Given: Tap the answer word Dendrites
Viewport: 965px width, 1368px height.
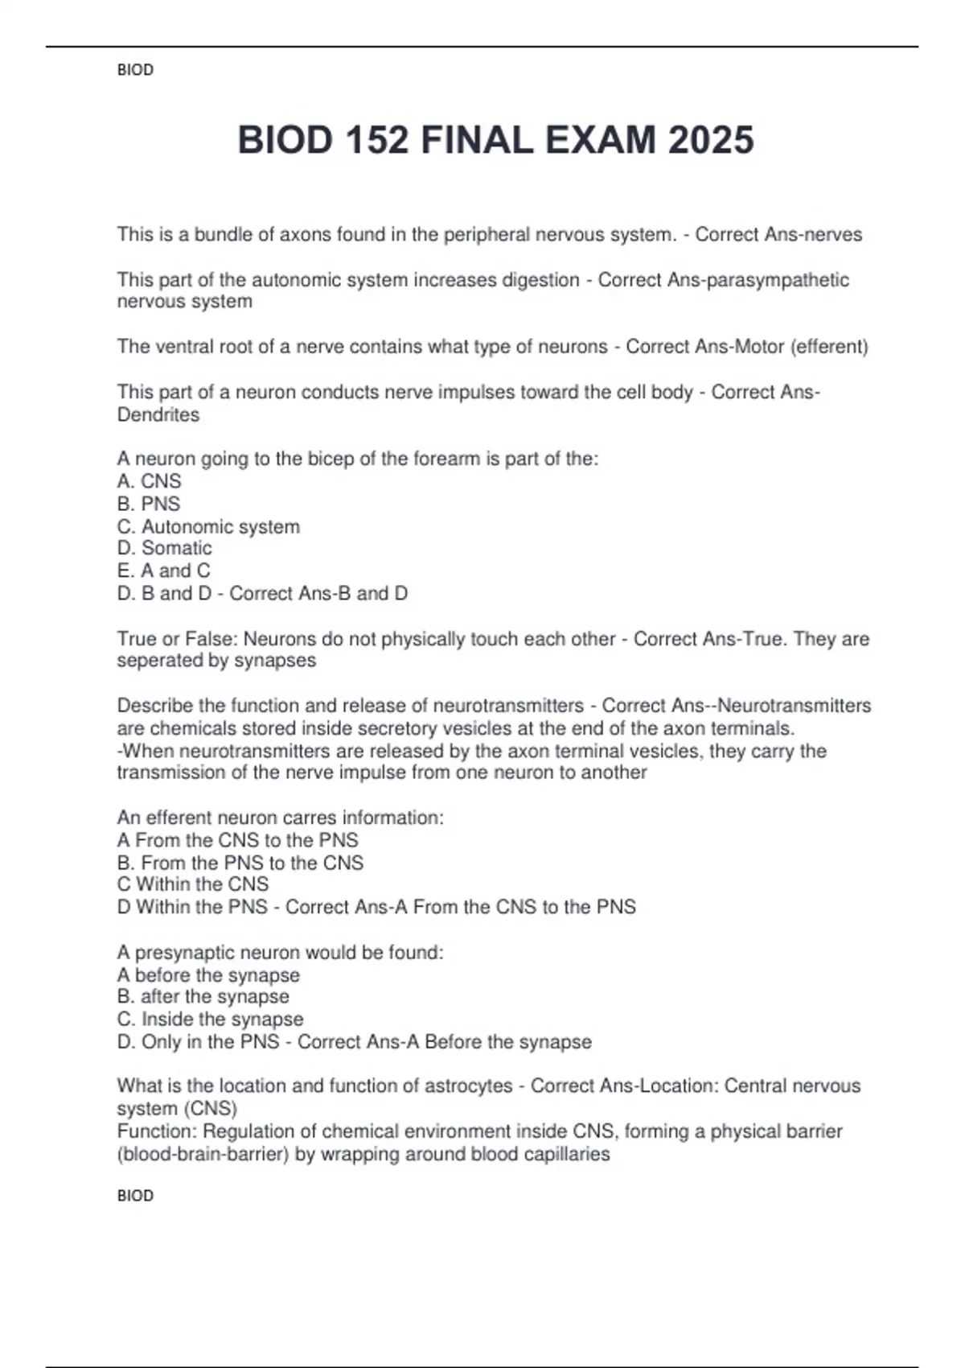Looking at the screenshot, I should pyautogui.click(x=158, y=414).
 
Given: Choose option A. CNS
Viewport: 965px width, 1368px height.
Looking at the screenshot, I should pyautogui.click(x=150, y=481).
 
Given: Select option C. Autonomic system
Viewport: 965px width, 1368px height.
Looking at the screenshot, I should pyautogui.click(x=208, y=526).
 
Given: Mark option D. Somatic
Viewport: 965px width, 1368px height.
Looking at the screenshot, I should pyautogui.click(x=165, y=548).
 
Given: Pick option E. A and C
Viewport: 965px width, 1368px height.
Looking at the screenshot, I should pyautogui.click(x=164, y=571).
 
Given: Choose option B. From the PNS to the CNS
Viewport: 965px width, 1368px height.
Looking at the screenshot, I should pyautogui.click(x=240, y=863).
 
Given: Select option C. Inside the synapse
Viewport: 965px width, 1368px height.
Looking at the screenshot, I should pyautogui.click(x=210, y=1019).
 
